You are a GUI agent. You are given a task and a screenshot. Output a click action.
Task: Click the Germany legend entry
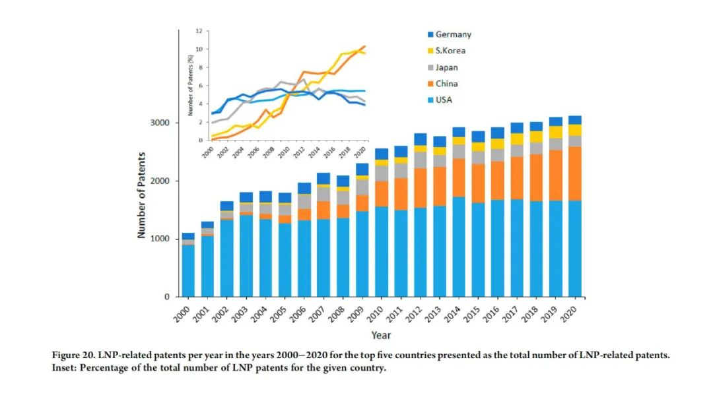click(453, 34)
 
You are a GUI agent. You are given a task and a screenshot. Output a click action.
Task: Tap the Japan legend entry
click(446, 67)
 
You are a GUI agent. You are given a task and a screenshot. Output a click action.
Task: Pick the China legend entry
click(446, 84)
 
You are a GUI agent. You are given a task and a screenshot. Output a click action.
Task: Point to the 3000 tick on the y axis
click(160, 123)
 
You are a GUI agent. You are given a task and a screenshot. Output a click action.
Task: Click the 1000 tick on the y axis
click(160, 239)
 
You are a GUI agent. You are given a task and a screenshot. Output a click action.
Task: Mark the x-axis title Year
click(380, 335)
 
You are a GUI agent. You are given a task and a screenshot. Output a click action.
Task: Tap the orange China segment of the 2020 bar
click(574, 173)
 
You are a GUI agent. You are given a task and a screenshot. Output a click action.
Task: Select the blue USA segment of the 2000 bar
click(188, 270)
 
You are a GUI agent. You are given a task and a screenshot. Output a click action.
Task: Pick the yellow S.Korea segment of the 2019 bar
click(555, 132)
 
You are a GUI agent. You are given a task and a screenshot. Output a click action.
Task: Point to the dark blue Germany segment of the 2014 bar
click(459, 132)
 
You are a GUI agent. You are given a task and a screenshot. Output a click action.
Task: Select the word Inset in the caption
click(64, 367)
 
